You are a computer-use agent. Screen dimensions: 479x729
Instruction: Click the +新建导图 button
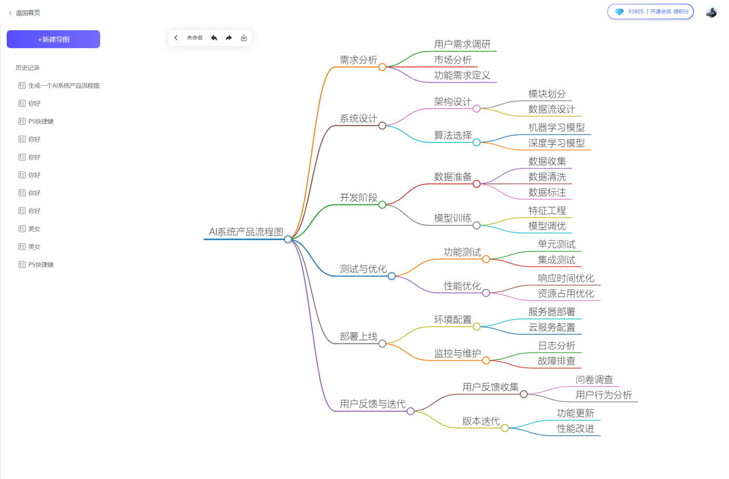(x=54, y=39)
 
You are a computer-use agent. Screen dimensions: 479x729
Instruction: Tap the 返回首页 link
(x=27, y=13)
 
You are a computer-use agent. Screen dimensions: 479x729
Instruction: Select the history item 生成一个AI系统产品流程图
(x=64, y=85)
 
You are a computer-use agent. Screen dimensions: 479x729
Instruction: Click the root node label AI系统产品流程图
(x=246, y=232)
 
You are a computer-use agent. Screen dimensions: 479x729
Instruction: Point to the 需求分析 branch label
(x=358, y=60)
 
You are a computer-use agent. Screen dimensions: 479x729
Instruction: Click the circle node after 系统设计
(x=382, y=125)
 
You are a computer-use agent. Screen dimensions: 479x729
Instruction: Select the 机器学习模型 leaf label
(x=556, y=128)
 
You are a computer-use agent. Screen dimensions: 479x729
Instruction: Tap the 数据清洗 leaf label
(x=547, y=177)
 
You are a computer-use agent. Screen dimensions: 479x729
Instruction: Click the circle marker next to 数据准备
(x=477, y=183)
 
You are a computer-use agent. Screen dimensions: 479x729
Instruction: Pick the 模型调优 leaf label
(x=547, y=226)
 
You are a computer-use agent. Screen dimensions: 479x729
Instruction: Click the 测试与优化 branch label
(x=363, y=269)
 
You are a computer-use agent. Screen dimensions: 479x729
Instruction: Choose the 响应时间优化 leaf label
(x=566, y=278)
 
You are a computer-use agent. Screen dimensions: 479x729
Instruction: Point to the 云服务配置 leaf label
(x=552, y=327)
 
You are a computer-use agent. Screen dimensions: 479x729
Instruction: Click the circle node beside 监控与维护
(x=486, y=360)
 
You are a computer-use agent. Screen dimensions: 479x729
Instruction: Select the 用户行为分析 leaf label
(x=604, y=395)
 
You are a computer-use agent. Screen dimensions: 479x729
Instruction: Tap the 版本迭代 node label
(x=481, y=421)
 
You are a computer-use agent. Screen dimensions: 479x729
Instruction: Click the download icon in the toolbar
(x=244, y=38)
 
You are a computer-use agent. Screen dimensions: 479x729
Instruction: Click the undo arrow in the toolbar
(x=214, y=38)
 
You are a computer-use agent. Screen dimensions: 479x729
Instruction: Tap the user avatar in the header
(x=711, y=12)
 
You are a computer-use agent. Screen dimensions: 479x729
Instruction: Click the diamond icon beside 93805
(x=619, y=11)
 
